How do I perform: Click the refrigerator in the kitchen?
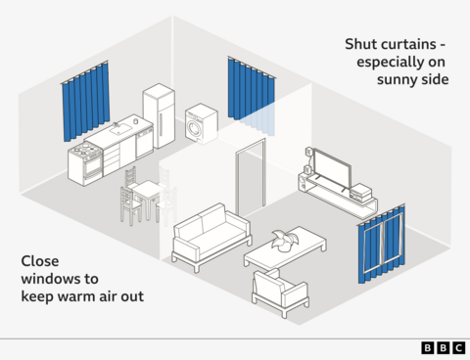(x=158, y=114)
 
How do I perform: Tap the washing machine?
(x=201, y=125)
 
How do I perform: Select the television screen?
(x=330, y=172)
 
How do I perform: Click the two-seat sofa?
(x=211, y=236)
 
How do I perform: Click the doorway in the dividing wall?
(x=252, y=178)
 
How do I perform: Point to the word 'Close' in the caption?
(x=42, y=261)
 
